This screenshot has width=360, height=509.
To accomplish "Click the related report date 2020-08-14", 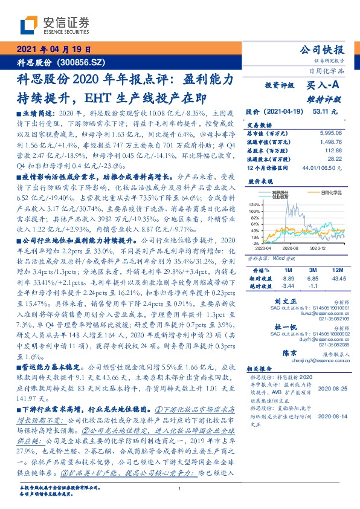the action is click(x=331, y=409).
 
